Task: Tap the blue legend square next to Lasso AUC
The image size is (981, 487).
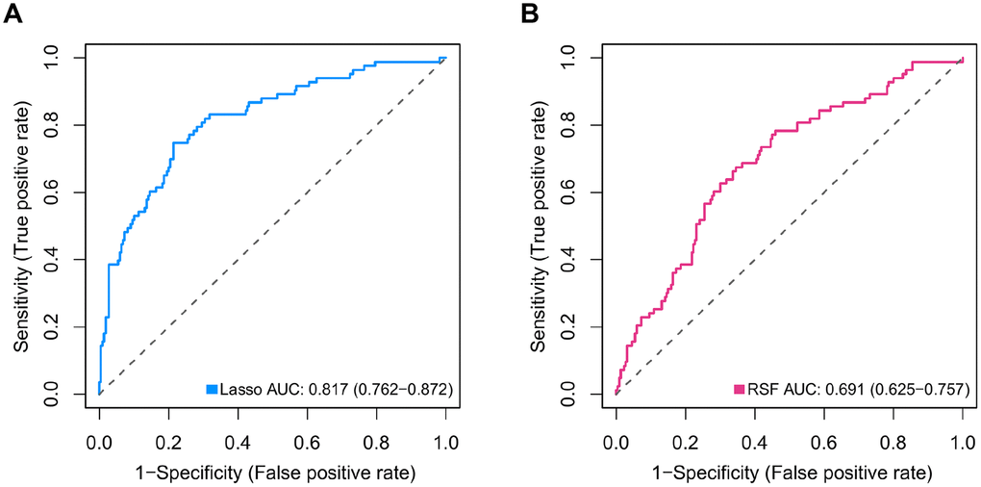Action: pos(213,389)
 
